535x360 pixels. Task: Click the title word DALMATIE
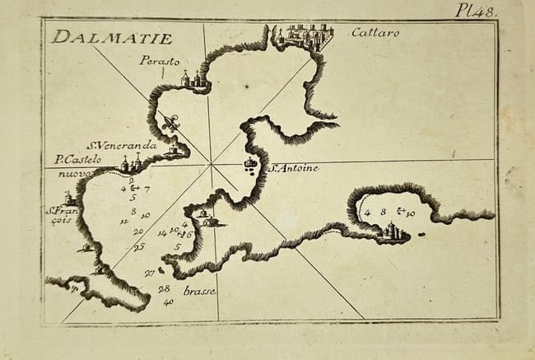tap(111, 38)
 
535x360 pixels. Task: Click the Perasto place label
tap(158, 60)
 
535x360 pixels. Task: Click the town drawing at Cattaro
tap(306, 36)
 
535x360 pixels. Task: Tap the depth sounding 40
tap(169, 302)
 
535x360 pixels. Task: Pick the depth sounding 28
tap(164, 289)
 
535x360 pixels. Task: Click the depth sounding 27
tap(149, 273)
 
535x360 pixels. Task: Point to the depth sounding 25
tap(139, 246)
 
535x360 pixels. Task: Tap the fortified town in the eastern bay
tap(393, 233)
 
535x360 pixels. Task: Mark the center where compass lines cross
tap(212, 165)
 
